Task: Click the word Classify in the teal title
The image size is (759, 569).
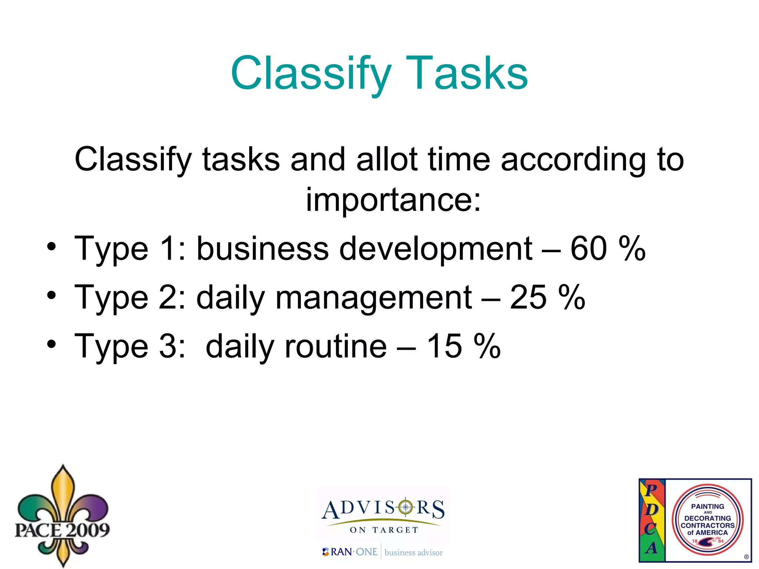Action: click(x=311, y=73)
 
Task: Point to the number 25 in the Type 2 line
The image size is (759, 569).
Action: click(x=528, y=298)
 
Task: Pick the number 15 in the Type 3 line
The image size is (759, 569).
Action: click(x=444, y=346)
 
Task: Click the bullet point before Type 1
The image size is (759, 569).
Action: click(x=52, y=247)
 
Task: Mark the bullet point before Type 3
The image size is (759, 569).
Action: click(x=52, y=344)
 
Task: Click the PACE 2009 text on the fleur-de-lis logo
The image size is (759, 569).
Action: click(x=62, y=530)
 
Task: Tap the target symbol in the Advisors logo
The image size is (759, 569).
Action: click(x=405, y=507)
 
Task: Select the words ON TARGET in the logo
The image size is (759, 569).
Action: click(x=384, y=530)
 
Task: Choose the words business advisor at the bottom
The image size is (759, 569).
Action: click(x=414, y=553)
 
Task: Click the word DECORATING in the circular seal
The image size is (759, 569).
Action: click(x=707, y=518)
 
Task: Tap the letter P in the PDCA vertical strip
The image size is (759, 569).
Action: click(x=651, y=490)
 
